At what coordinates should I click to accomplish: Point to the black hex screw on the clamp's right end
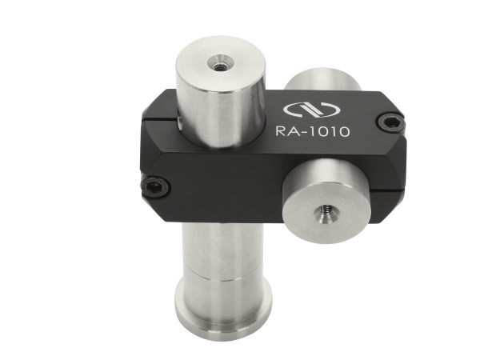(x=390, y=122)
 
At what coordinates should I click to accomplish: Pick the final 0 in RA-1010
(x=344, y=131)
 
